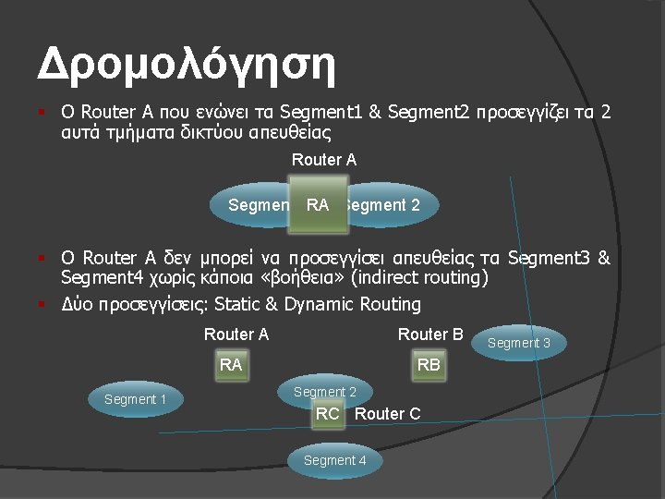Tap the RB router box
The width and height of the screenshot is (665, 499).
click(429, 365)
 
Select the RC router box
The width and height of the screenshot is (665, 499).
click(328, 414)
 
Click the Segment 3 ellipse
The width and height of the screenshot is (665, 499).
click(519, 343)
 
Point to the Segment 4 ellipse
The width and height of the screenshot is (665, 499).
click(334, 460)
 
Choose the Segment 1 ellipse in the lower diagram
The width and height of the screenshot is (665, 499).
click(136, 399)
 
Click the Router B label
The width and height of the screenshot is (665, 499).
click(429, 335)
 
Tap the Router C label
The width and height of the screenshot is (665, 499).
click(387, 414)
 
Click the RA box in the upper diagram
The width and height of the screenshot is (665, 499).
click(317, 205)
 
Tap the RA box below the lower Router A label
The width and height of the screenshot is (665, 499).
click(231, 365)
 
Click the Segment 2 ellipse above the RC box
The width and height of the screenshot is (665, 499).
click(325, 392)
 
